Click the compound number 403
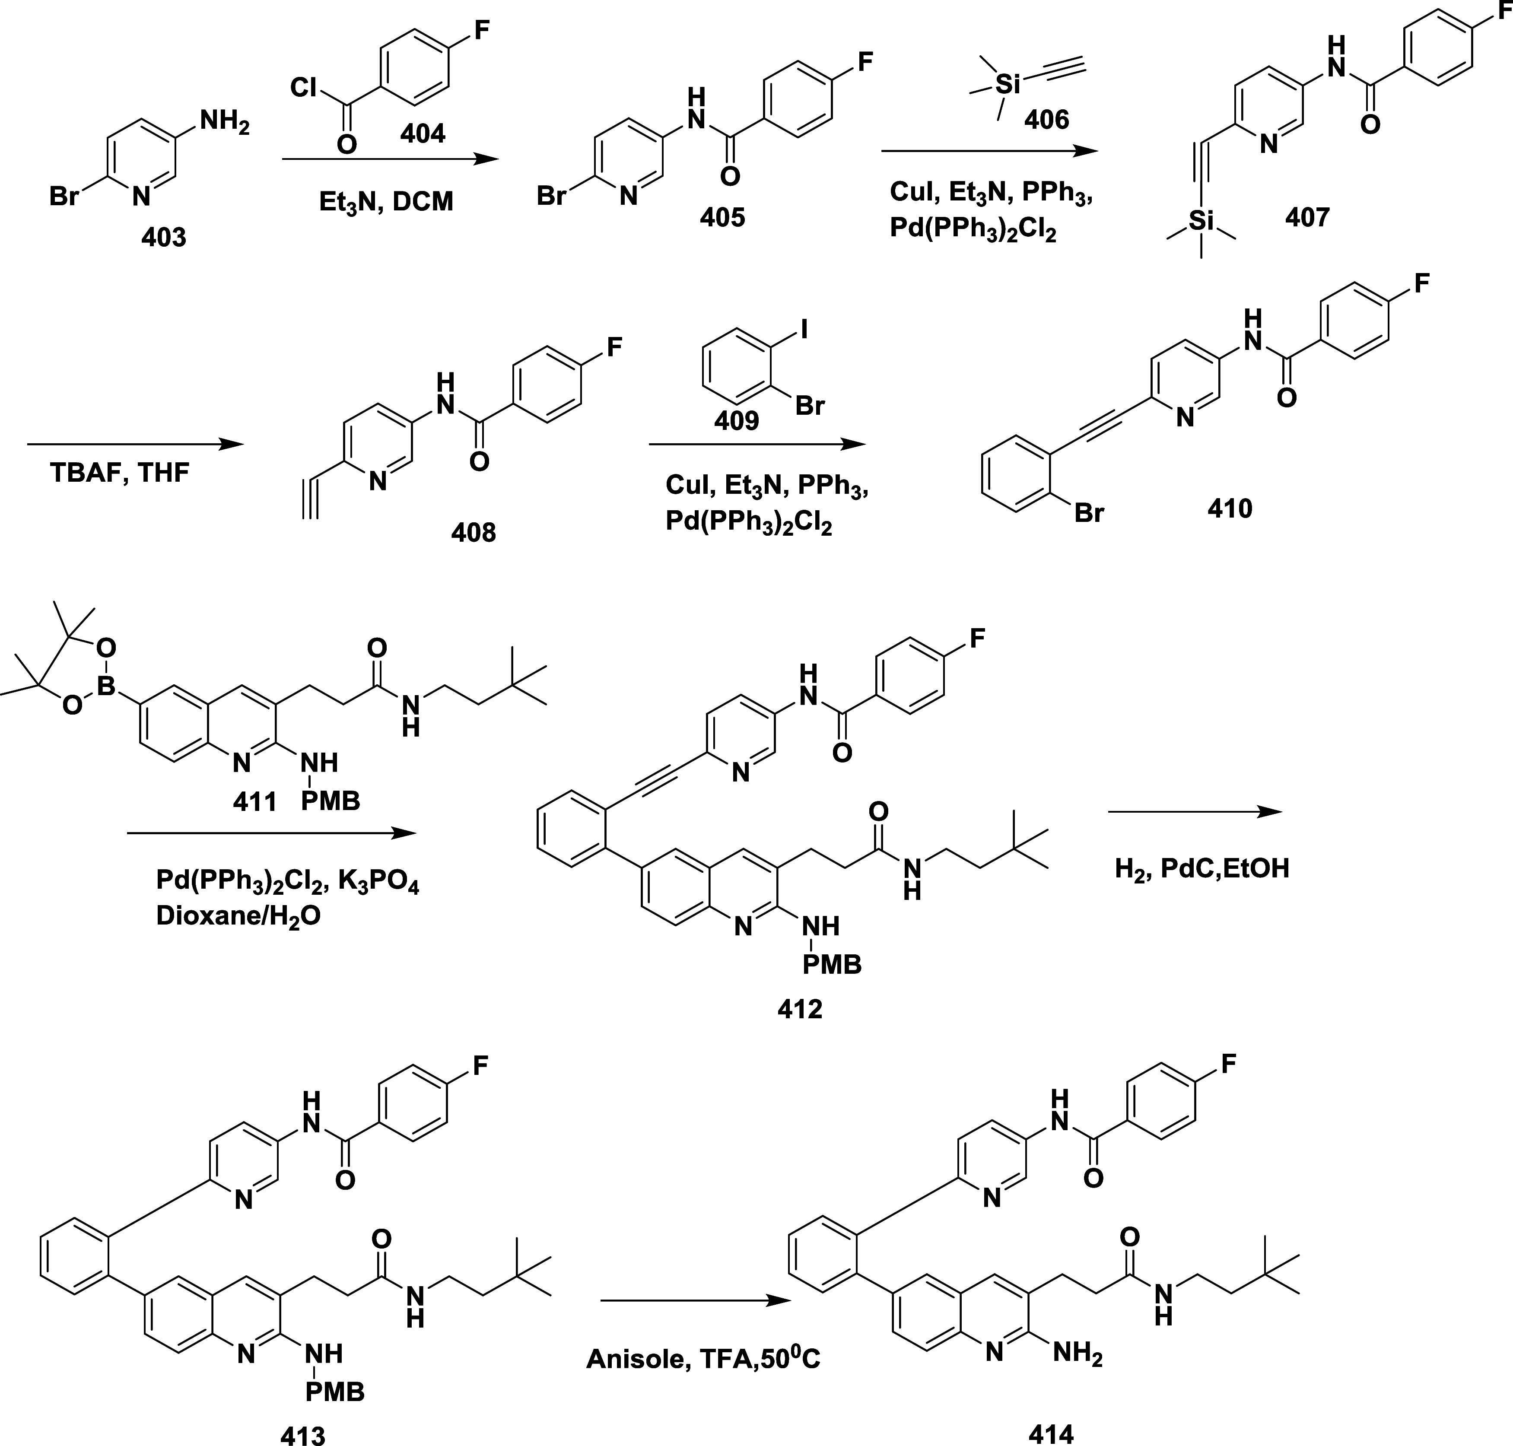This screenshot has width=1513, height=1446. coord(163,237)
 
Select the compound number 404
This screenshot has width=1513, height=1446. coord(423,133)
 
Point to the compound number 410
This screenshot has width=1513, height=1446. coord(1229,509)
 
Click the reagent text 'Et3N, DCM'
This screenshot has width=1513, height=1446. coord(386,202)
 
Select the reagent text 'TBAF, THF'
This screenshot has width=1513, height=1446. coord(120,472)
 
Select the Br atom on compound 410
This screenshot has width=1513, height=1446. coord(1089,512)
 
